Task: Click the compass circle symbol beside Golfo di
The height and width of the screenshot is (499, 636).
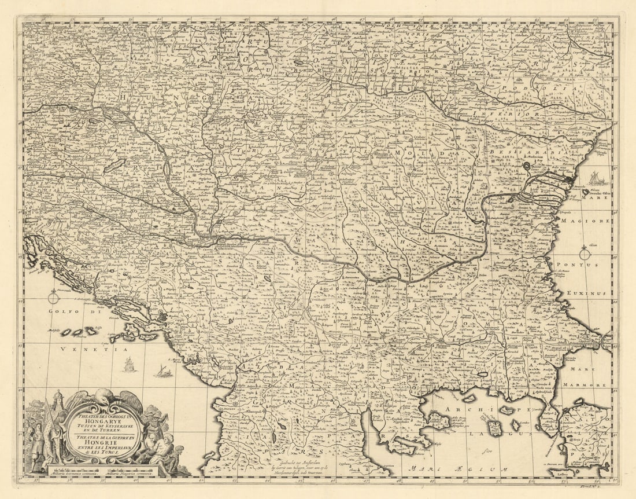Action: [x=54, y=298]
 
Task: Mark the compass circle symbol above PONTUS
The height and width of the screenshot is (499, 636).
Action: [x=585, y=254]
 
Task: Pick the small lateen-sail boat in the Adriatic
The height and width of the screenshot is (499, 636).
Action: [x=163, y=371]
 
